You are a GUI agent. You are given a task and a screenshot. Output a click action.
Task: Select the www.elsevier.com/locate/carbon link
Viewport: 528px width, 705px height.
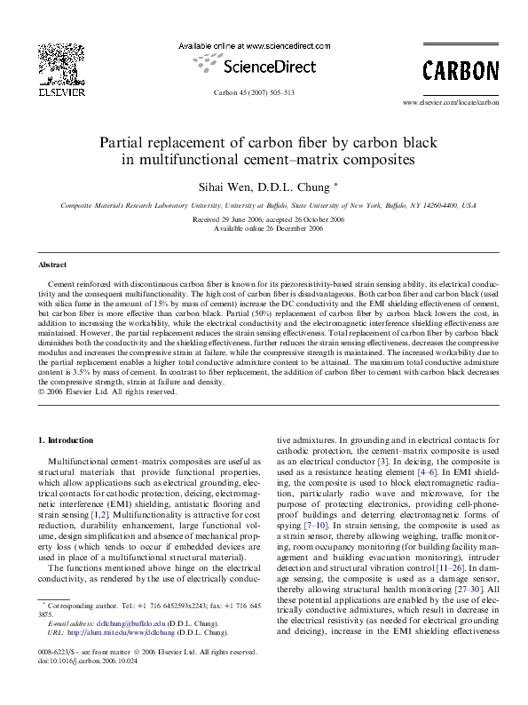[x=451, y=103]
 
